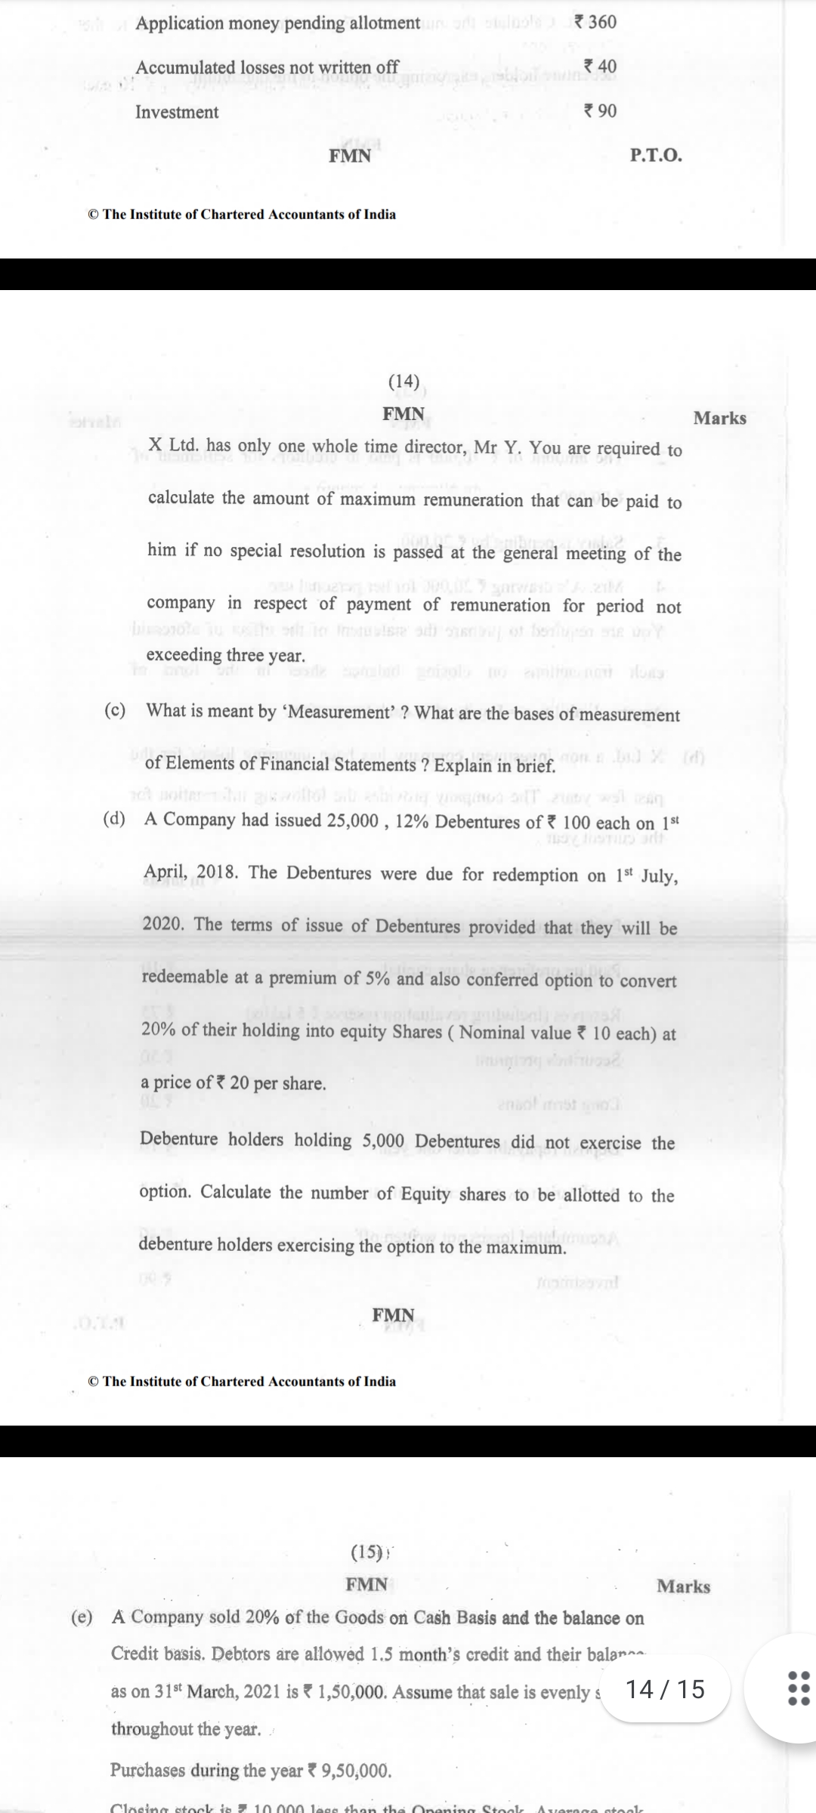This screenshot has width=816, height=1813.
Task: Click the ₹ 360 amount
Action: (x=595, y=22)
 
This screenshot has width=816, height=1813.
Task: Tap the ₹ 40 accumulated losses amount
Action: (x=600, y=66)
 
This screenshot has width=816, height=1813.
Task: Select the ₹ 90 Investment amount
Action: (x=600, y=111)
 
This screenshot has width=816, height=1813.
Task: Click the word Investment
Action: (x=177, y=113)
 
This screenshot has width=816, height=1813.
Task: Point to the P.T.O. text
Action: (x=655, y=156)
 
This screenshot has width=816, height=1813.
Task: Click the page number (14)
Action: (x=403, y=381)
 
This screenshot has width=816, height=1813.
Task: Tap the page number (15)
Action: (x=368, y=1552)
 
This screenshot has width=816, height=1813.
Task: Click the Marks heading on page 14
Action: (x=719, y=419)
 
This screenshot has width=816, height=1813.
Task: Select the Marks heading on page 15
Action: (x=683, y=1586)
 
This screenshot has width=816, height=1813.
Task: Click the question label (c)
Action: (x=115, y=710)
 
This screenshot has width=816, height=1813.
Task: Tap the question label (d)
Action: (x=115, y=819)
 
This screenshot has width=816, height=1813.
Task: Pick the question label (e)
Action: (x=82, y=1617)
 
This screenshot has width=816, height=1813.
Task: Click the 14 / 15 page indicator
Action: (x=666, y=1689)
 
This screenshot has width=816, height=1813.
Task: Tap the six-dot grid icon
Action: (x=798, y=1688)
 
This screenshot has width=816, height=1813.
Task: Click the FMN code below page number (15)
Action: (x=366, y=1584)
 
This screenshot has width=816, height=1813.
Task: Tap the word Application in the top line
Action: (x=179, y=23)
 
